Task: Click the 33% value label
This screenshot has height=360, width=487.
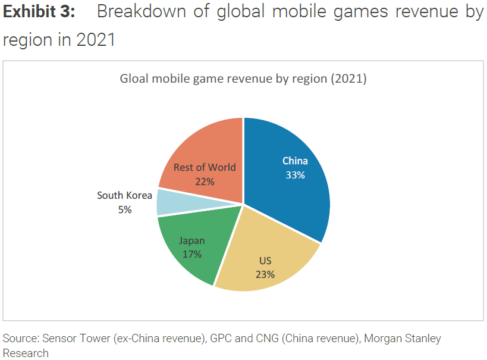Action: pos(295,175)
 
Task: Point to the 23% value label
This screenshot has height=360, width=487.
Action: pos(265,274)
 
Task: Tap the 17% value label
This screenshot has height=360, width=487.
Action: pos(192,254)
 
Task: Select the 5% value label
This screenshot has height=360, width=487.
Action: pos(125,209)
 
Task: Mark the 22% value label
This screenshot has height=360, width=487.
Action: pos(205,181)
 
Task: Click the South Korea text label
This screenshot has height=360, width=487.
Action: pos(125,195)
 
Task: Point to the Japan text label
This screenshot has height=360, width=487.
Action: pos(192,240)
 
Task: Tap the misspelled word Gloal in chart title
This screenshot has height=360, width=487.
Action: pos(134,79)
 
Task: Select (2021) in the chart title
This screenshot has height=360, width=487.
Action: pos(349,79)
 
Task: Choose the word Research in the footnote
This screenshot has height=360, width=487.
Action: pos(26,353)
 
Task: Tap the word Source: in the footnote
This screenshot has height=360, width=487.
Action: pos(20,339)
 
